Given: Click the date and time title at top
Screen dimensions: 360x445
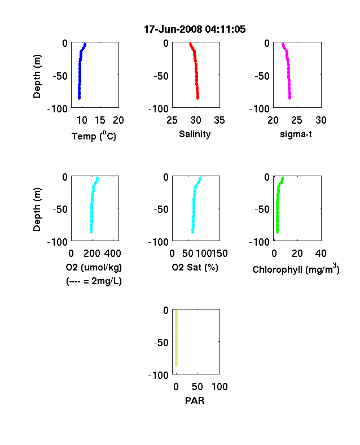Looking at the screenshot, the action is point(195,29).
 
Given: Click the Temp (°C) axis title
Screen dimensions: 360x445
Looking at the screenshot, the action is point(94,136).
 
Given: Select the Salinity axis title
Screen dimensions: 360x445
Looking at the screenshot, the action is point(195,134).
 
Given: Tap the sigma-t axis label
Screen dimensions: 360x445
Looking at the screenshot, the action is point(296,134).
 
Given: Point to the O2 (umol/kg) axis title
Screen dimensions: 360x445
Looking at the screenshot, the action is point(94,267).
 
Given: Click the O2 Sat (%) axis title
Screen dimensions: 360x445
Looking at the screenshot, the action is point(195,267).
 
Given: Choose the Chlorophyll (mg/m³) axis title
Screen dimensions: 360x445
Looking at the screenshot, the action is point(296,268).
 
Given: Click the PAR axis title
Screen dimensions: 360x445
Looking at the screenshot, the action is point(195,400).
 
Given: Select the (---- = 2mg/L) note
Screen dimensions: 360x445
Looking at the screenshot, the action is point(94,281).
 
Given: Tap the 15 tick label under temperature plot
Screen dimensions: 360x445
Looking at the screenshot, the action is point(100,120).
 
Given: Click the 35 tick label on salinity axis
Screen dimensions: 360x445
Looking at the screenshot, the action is point(219,120).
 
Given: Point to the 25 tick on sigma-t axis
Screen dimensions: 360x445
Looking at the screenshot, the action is point(297,120).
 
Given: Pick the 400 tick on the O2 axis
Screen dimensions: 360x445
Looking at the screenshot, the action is point(113,254).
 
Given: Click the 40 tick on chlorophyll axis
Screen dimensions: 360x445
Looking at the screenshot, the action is point(321,254).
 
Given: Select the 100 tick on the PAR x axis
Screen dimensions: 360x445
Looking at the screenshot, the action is point(219,386).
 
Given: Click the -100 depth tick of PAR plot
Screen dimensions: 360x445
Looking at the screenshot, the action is point(159,376).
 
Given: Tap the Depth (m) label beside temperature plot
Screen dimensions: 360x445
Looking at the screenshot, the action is point(37,76).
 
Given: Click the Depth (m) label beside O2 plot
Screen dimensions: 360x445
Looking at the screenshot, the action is point(37,210).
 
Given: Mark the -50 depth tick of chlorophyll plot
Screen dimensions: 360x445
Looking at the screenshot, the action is point(262,210).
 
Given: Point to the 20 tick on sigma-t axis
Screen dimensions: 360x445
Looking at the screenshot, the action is point(273,120).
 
